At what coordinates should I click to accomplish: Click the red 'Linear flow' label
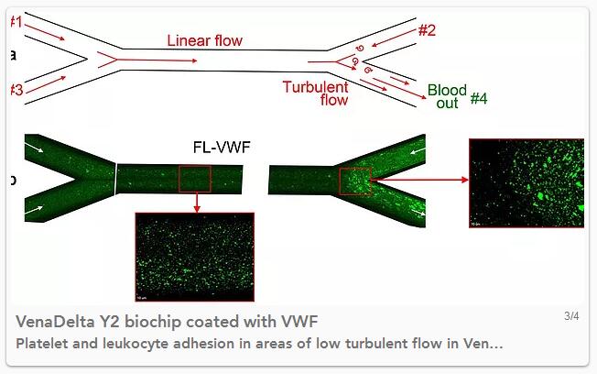204,40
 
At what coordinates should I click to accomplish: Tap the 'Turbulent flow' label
315,93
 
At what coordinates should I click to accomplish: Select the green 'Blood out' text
447,96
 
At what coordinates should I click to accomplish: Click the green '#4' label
479,98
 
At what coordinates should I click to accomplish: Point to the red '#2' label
427,30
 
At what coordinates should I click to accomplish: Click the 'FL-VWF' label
221,147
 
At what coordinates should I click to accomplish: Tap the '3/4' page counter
571,316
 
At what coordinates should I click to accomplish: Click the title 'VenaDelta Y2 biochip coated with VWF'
168,321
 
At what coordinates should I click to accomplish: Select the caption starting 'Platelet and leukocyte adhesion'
259,343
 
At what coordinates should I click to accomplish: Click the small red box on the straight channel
195,178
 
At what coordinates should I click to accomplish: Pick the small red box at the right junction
354,181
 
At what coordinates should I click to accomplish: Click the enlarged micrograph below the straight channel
194,257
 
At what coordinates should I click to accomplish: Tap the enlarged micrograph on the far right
526,182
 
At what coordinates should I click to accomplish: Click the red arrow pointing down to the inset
196,203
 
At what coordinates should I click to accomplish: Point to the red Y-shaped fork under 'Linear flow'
108,59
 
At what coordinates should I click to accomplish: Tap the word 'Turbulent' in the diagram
315,87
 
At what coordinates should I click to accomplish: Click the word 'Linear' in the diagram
185,40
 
